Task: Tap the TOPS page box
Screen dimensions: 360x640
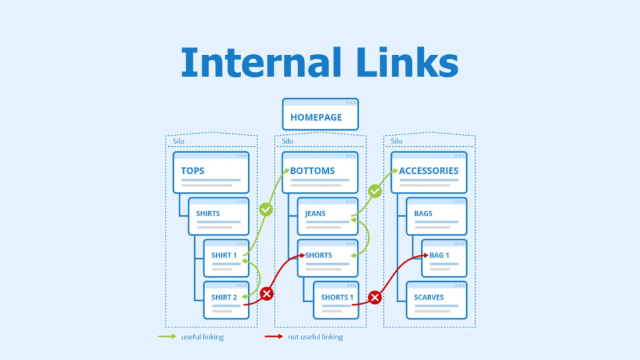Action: (211, 172)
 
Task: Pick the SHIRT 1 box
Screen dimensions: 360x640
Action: (226, 257)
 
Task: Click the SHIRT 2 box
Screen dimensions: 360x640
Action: (226, 299)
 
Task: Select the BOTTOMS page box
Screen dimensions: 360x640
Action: (320, 172)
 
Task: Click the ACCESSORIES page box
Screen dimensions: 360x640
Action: (429, 172)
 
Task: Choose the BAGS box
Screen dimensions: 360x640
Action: (436, 216)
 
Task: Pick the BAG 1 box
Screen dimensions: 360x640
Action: (444, 257)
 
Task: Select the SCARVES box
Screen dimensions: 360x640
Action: (436, 299)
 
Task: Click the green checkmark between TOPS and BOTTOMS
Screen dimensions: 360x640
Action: (266, 209)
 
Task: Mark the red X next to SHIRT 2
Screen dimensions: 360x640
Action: (267, 293)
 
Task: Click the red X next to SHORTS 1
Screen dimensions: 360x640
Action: (375, 297)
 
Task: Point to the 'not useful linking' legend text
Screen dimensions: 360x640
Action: (315, 337)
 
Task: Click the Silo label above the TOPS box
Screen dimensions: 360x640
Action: (179, 141)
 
